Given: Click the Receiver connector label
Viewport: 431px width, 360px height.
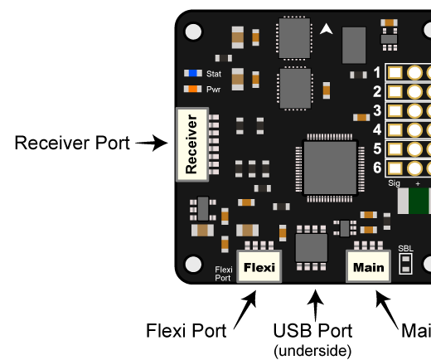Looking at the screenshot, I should (192, 144).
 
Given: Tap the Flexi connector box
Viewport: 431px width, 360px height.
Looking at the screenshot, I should (259, 267).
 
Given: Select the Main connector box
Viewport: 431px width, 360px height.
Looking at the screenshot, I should (368, 267).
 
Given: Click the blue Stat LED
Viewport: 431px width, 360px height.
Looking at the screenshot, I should (193, 74).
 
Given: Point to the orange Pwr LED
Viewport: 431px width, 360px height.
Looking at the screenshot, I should (193, 89).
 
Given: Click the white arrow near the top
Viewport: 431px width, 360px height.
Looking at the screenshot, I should (327, 29).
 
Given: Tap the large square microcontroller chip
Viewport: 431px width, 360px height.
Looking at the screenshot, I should (329, 168).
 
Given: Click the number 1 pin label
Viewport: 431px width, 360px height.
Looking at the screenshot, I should (377, 72).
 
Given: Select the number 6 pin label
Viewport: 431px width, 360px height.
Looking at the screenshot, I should (377, 168).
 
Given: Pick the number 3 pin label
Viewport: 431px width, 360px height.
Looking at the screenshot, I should (377, 110).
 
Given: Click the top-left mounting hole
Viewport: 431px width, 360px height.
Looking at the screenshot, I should (193, 32).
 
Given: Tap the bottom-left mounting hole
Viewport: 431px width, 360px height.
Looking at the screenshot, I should (193, 264).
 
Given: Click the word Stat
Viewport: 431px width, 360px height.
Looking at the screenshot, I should (214, 74).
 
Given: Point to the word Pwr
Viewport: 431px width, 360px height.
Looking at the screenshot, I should (214, 89).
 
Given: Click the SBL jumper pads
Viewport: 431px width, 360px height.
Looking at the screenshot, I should (405, 264).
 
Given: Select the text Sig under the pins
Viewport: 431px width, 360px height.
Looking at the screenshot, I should (394, 182).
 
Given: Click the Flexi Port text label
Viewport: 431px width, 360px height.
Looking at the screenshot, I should (223, 274).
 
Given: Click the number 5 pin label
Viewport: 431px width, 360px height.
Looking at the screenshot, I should (377, 148).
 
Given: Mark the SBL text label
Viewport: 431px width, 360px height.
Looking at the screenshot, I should (405, 249).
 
